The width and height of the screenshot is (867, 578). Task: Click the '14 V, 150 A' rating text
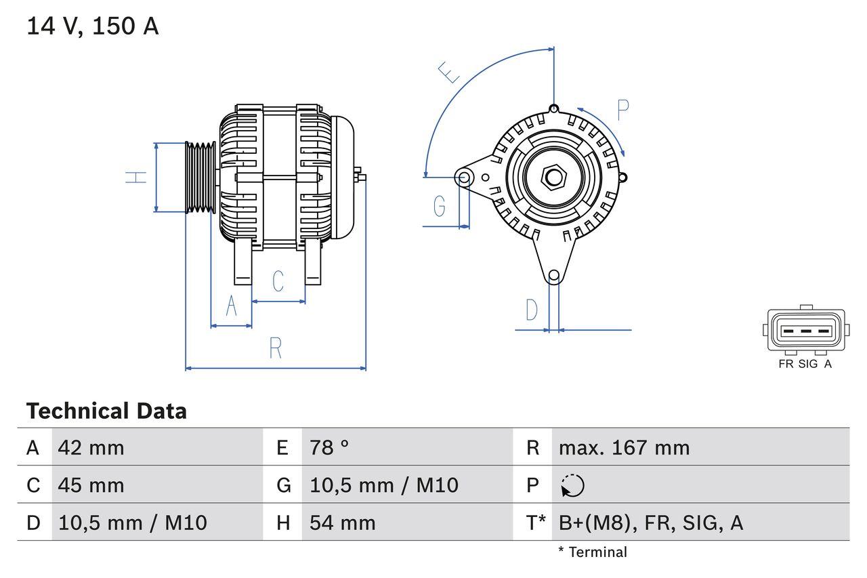click(x=92, y=26)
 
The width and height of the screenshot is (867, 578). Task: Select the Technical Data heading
click(x=106, y=411)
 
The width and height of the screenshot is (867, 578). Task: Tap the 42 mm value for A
click(x=91, y=447)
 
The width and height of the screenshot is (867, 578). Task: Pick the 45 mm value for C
click(x=91, y=485)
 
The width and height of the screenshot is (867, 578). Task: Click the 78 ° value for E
click(x=329, y=447)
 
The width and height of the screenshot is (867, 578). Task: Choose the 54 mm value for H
click(x=342, y=522)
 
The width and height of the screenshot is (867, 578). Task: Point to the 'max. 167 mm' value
click(x=624, y=447)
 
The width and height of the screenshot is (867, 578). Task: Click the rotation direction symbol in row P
click(x=572, y=485)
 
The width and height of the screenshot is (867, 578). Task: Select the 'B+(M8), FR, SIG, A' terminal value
click(x=650, y=522)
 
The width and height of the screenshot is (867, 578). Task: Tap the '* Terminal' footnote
click(x=592, y=552)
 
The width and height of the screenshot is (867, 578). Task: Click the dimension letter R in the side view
click(x=275, y=348)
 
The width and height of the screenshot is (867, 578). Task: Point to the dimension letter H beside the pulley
click(x=137, y=178)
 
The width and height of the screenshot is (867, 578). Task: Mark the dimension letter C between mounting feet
click(x=278, y=281)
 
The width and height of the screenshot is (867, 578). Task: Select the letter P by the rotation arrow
click(x=623, y=110)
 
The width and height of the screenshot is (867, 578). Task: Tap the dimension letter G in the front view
click(x=439, y=205)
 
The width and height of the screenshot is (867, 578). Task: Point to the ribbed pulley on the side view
click(x=200, y=178)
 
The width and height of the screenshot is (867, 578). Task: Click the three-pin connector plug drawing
click(x=805, y=331)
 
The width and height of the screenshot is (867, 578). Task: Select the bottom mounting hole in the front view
click(x=554, y=275)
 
